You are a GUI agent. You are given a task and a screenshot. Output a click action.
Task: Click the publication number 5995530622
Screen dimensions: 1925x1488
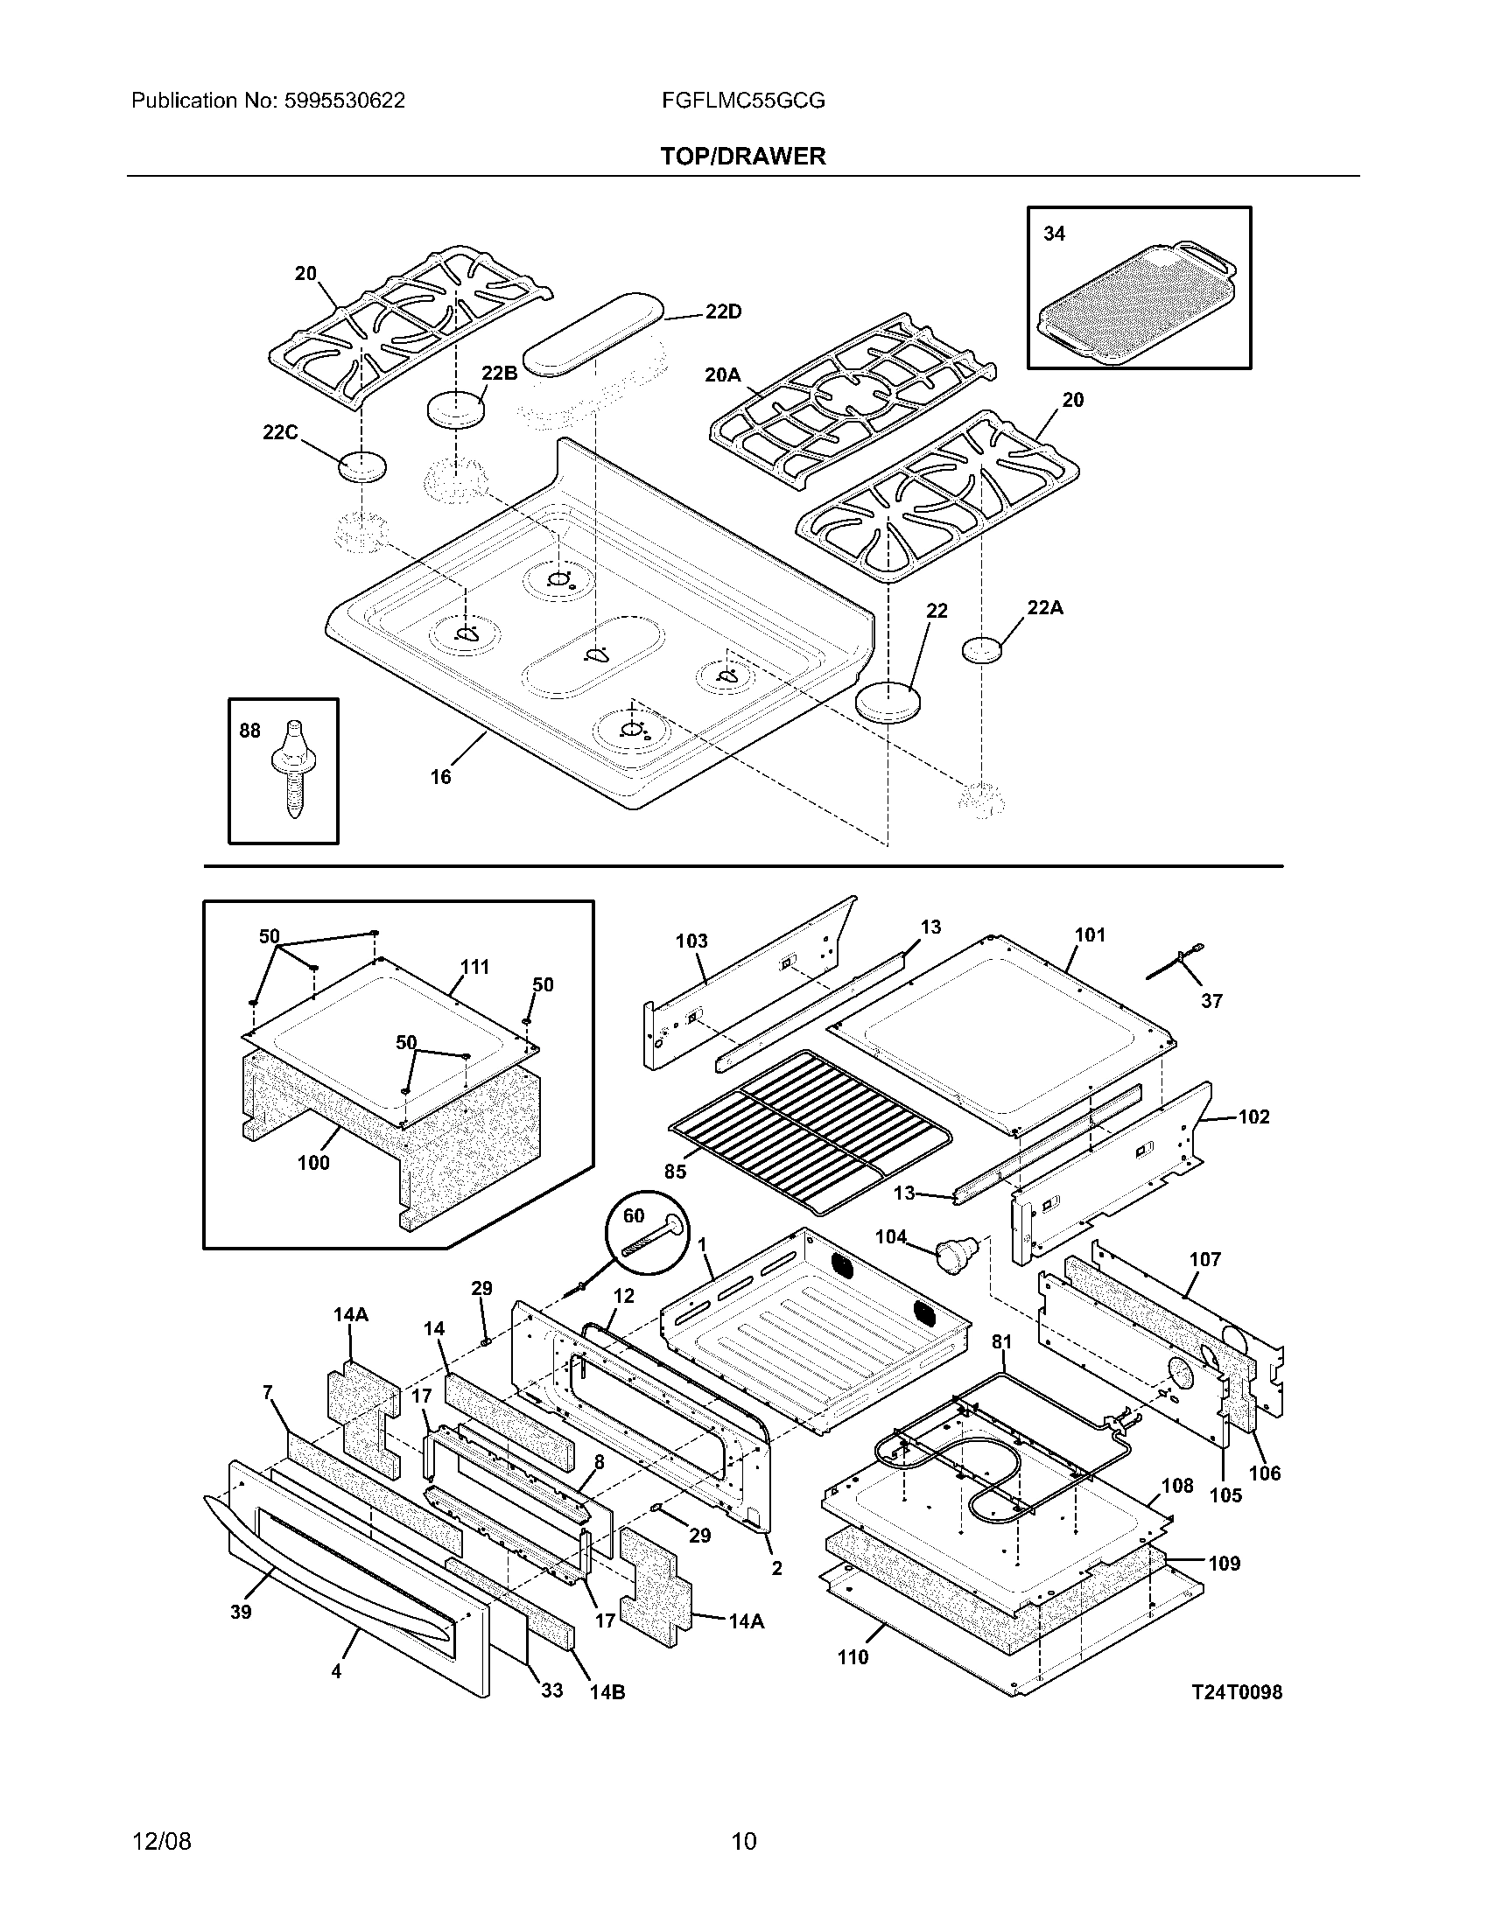[x=345, y=101]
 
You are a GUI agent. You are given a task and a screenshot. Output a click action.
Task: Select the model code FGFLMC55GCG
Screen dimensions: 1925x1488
[x=743, y=101]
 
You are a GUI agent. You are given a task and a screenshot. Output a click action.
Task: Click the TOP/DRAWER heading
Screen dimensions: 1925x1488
[x=743, y=157]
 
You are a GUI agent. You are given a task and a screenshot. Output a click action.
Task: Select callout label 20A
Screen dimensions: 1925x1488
[x=722, y=375]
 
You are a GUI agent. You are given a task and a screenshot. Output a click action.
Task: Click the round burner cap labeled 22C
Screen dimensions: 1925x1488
[x=362, y=465]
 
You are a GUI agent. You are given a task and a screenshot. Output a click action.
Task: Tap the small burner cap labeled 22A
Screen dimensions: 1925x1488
[x=982, y=649]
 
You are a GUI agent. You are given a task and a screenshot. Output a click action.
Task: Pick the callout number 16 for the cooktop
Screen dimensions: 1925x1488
[x=440, y=776]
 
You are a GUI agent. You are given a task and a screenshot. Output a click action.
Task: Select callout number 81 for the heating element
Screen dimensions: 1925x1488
[x=1001, y=1341]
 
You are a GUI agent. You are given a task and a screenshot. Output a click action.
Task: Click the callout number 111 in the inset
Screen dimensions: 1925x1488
[x=474, y=967]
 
